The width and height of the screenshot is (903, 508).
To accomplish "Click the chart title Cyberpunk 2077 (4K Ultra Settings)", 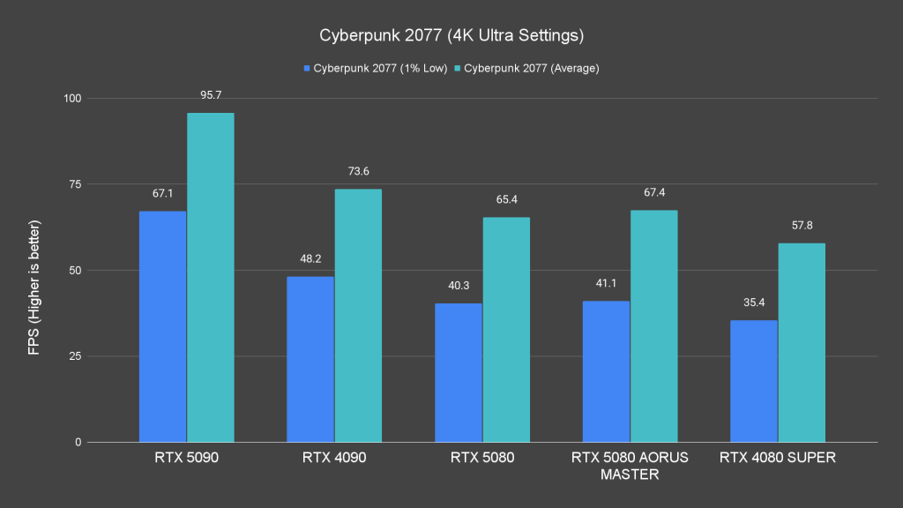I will [451, 36].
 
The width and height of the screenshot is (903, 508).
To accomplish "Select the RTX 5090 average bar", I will [211, 277].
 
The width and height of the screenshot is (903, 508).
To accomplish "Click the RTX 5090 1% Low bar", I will [163, 326].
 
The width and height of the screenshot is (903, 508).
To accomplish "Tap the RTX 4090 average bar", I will [358, 315].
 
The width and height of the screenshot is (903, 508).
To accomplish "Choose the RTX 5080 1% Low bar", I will [459, 372].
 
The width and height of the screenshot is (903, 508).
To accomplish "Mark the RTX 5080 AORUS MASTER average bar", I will [653, 325].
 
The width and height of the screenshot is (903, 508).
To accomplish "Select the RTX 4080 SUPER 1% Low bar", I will [754, 381].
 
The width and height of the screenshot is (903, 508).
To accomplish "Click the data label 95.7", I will [211, 94].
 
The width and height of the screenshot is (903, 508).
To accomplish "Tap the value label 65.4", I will [506, 199].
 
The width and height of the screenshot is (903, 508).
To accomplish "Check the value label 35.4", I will [754, 302].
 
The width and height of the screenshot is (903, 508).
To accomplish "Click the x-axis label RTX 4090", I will [333, 458].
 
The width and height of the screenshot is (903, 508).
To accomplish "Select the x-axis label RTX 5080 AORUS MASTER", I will [629, 466].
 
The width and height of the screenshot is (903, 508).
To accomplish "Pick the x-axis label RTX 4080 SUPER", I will [777, 458].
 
